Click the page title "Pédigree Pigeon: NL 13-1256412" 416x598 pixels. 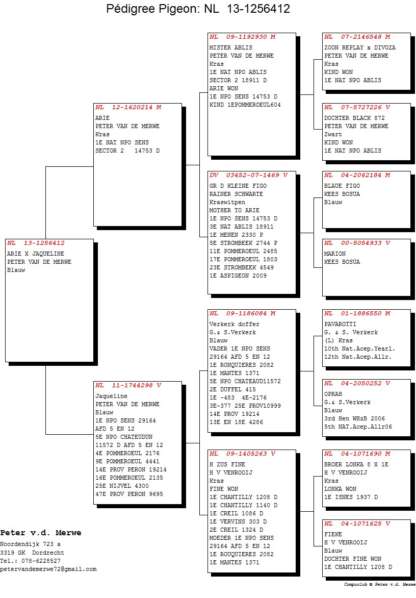198,9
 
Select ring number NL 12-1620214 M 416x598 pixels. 128,108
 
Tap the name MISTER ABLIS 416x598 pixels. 230,47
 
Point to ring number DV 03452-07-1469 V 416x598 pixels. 248,176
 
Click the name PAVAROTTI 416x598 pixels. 340,324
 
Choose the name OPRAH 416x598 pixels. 333,394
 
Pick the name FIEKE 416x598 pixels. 333,535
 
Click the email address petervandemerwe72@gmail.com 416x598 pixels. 48,569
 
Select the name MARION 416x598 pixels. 335,254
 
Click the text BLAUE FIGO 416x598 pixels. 342,186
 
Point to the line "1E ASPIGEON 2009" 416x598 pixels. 238,276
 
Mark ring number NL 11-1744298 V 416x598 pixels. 128,386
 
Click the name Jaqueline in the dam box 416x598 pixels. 111,396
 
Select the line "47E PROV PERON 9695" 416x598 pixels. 129,494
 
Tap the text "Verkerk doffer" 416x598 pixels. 235,324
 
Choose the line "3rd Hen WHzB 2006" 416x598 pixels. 354,419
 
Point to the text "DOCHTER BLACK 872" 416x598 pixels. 354,118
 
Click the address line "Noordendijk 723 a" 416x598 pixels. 30,544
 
